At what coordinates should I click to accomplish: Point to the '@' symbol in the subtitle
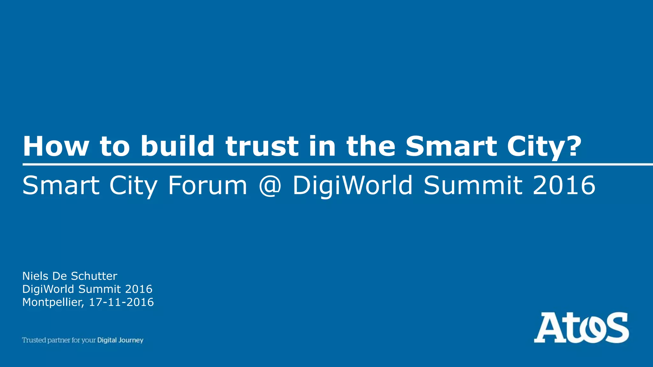point(270,185)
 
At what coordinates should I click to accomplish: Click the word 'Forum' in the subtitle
point(208,185)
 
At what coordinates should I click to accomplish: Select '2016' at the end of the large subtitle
point(564,185)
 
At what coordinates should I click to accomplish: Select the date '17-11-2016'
point(121,302)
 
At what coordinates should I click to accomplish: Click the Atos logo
point(581,327)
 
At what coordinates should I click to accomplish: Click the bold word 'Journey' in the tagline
point(131,341)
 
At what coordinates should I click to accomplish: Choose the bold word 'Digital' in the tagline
point(107,340)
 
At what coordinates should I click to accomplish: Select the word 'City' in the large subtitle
point(133,186)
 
